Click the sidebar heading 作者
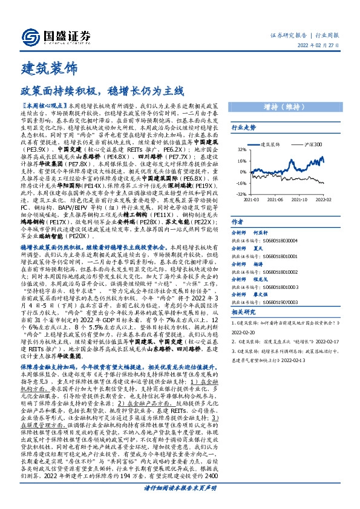pyautogui.click(x=238, y=222)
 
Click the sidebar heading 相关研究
pyautogui.click(x=243, y=312)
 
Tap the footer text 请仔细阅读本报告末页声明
pyautogui.click(x=180, y=503)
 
